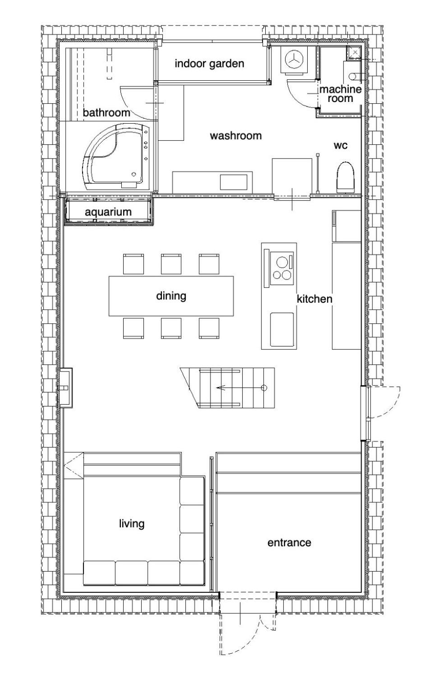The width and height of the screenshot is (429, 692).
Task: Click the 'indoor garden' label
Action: [x=209, y=64]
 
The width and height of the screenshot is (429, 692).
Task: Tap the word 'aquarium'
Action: [x=108, y=212]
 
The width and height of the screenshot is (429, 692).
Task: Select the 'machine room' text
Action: [x=341, y=94]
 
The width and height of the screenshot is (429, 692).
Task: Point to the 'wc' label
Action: [x=341, y=145]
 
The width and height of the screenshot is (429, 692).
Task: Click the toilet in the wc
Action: [x=345, y=176]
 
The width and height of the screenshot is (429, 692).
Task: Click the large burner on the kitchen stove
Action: [x=282, y=262]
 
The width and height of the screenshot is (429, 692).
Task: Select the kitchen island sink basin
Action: [x=282, y=329]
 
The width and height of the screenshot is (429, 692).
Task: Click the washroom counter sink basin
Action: [x=234, y=183]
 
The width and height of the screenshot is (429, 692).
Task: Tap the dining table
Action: [x=171, y=296]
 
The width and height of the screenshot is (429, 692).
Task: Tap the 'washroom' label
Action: [x=236, y=136]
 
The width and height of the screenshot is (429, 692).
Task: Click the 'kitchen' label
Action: [x=314, y=299]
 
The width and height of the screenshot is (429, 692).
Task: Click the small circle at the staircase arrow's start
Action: [x=264, y=388]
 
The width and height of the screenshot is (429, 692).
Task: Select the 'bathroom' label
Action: [x=106, y=112]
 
